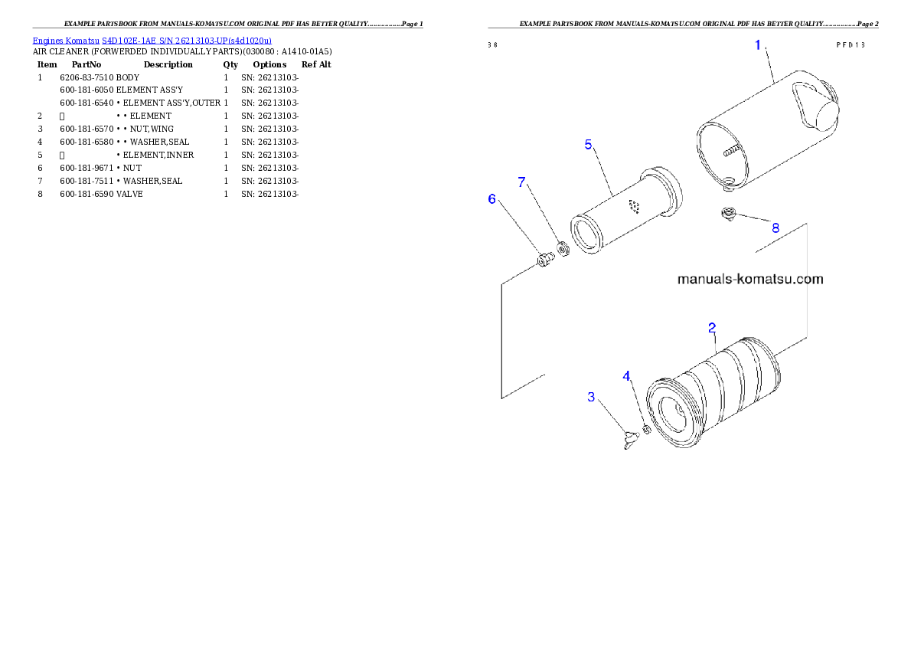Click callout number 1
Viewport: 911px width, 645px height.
[758, 45]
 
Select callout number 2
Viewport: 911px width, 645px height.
[712, 328]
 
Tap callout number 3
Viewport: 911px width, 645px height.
[591, 397]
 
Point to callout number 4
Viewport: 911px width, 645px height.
[627, 376]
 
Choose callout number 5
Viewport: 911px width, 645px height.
[588, 144]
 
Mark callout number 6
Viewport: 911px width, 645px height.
[492, 199]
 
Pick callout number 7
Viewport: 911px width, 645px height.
[522, 182]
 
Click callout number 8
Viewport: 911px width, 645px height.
[775, 228]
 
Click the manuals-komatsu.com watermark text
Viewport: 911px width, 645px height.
[750, 279]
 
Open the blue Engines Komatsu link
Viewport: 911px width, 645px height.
[152, 41]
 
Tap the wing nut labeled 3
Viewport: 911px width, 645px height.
[631, 440]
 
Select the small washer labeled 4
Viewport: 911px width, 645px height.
[645, 430]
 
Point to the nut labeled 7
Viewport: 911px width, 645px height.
[564, 249]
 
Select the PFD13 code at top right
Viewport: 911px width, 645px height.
[850, 44]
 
